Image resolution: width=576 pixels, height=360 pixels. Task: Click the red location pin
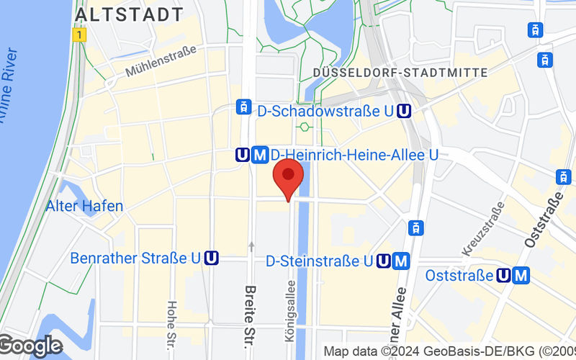click(289, 176)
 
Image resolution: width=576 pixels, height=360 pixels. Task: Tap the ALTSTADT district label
click(129, 14)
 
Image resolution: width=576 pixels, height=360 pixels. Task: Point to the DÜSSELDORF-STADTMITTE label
click(401, 73)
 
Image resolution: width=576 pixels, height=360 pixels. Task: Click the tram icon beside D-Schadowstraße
click(244, 108)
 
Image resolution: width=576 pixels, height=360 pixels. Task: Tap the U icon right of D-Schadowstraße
click(405, 110)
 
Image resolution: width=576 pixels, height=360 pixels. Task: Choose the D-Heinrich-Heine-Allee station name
click(354, 154)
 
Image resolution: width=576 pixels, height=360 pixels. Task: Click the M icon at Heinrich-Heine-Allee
click(261, 154)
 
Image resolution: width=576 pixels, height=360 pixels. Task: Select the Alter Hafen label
click(84, 206)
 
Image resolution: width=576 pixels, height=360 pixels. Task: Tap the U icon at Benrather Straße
click(211, 258)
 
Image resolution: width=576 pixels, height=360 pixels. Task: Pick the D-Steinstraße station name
click(319, 261)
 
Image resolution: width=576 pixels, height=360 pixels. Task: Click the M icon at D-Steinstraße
click(402, 261)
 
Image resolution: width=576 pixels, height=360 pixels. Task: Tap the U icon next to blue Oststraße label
click(505, 275)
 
